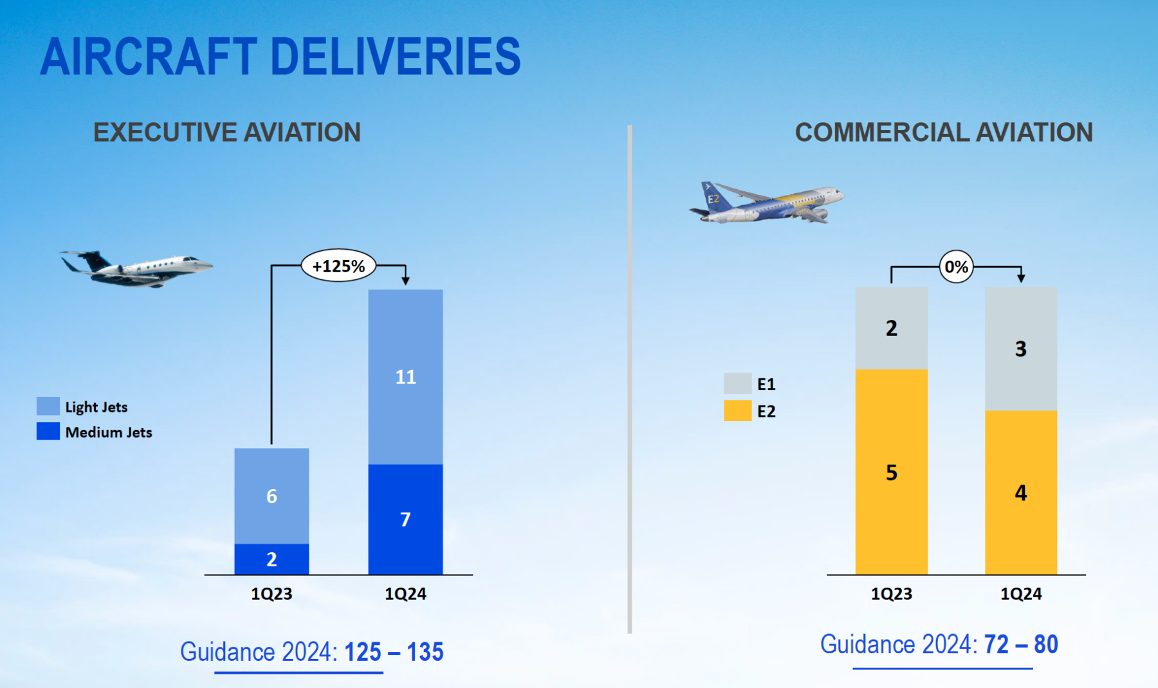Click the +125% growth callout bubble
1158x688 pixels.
point(338,266)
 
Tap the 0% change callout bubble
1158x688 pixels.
point(956,266)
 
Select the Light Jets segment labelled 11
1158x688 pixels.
point(405,377)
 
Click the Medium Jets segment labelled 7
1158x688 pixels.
point(405,519)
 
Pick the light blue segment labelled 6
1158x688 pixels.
point(271,496)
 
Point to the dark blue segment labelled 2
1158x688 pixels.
point(271,559)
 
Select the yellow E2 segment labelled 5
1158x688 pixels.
point(891,472)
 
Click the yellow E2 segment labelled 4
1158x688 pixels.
point(1020,492)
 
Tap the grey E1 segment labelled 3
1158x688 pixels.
point(1020,348)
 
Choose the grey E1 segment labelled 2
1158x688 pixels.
point(891,328)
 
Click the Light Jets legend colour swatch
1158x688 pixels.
point(48,406)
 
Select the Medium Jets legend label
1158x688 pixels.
point(109,432)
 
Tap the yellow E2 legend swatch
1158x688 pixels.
point(737,411)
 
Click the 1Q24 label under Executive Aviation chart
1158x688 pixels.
point(405,593)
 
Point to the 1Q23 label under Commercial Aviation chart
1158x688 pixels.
point(891,593)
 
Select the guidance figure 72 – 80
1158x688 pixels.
point(1020,644)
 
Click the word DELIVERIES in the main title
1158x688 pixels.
point(395,57)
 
